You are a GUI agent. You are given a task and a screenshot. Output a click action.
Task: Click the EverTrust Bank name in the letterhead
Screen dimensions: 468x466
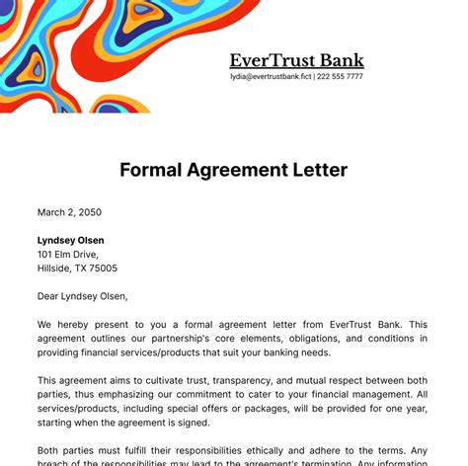click(x=296, y=60)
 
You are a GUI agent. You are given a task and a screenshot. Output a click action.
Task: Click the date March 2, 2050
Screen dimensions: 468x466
click(x=69, y=212)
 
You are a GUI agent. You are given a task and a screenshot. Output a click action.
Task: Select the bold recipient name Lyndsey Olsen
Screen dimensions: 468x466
click(x=70, y=240)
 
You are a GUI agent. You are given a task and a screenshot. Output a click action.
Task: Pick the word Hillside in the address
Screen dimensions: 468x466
click(x=55, y=268)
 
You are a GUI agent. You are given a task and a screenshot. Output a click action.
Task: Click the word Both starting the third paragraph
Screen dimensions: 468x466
click(x=50, y=449)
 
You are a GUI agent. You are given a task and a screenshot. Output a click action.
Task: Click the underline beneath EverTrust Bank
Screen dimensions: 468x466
click(x=296, y=70)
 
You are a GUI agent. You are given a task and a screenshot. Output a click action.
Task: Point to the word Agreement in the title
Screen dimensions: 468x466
click(x=233, y=170)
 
